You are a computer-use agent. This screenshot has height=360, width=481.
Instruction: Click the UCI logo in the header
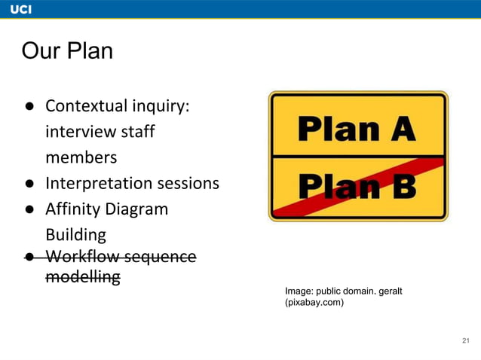pyautogui.click(x=21, y=8)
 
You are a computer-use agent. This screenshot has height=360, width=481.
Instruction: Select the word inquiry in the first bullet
pyautogui.click(x=164, y=105)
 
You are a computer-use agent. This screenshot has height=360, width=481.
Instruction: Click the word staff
pyautogui.click(x=137, y=132)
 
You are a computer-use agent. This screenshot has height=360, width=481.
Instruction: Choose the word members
pyautogui.click(x=81, y=157)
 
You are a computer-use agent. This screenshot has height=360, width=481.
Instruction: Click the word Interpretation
pyautogui.click(x=98, y=183)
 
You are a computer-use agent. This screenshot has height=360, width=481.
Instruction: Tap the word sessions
pyautogui.click(x=188, y=183)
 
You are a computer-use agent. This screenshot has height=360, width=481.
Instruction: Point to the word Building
pyautogui.click(x=75, y=234)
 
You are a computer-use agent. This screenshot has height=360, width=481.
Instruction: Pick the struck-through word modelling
pyautogui.click(x=83, y=277)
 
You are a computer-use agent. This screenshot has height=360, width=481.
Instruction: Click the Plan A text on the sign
pyautogui.click(x=357, y=128)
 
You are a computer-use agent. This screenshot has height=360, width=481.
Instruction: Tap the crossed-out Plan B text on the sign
pyautogui.click(x=357, y=186)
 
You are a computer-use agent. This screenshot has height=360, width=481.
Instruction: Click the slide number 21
pyautogui.click(x=465, y=341)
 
